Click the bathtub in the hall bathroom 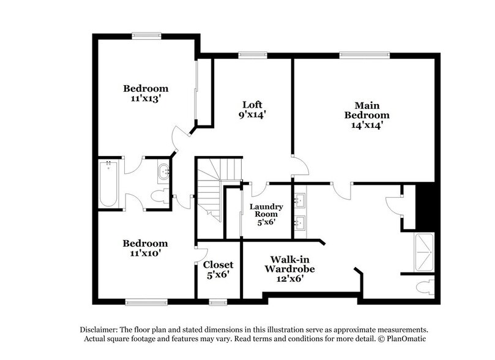(x=108, y=184)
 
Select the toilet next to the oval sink (x=161, y=196)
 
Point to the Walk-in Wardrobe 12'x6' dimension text (x=285, y=278)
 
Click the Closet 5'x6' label (x=218, y=269)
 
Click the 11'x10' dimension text (x=145, y=252)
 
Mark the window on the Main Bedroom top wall (x=358, y=54)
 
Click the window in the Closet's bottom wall (x=217, y=301)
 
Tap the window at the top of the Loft (x=248, y=54)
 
